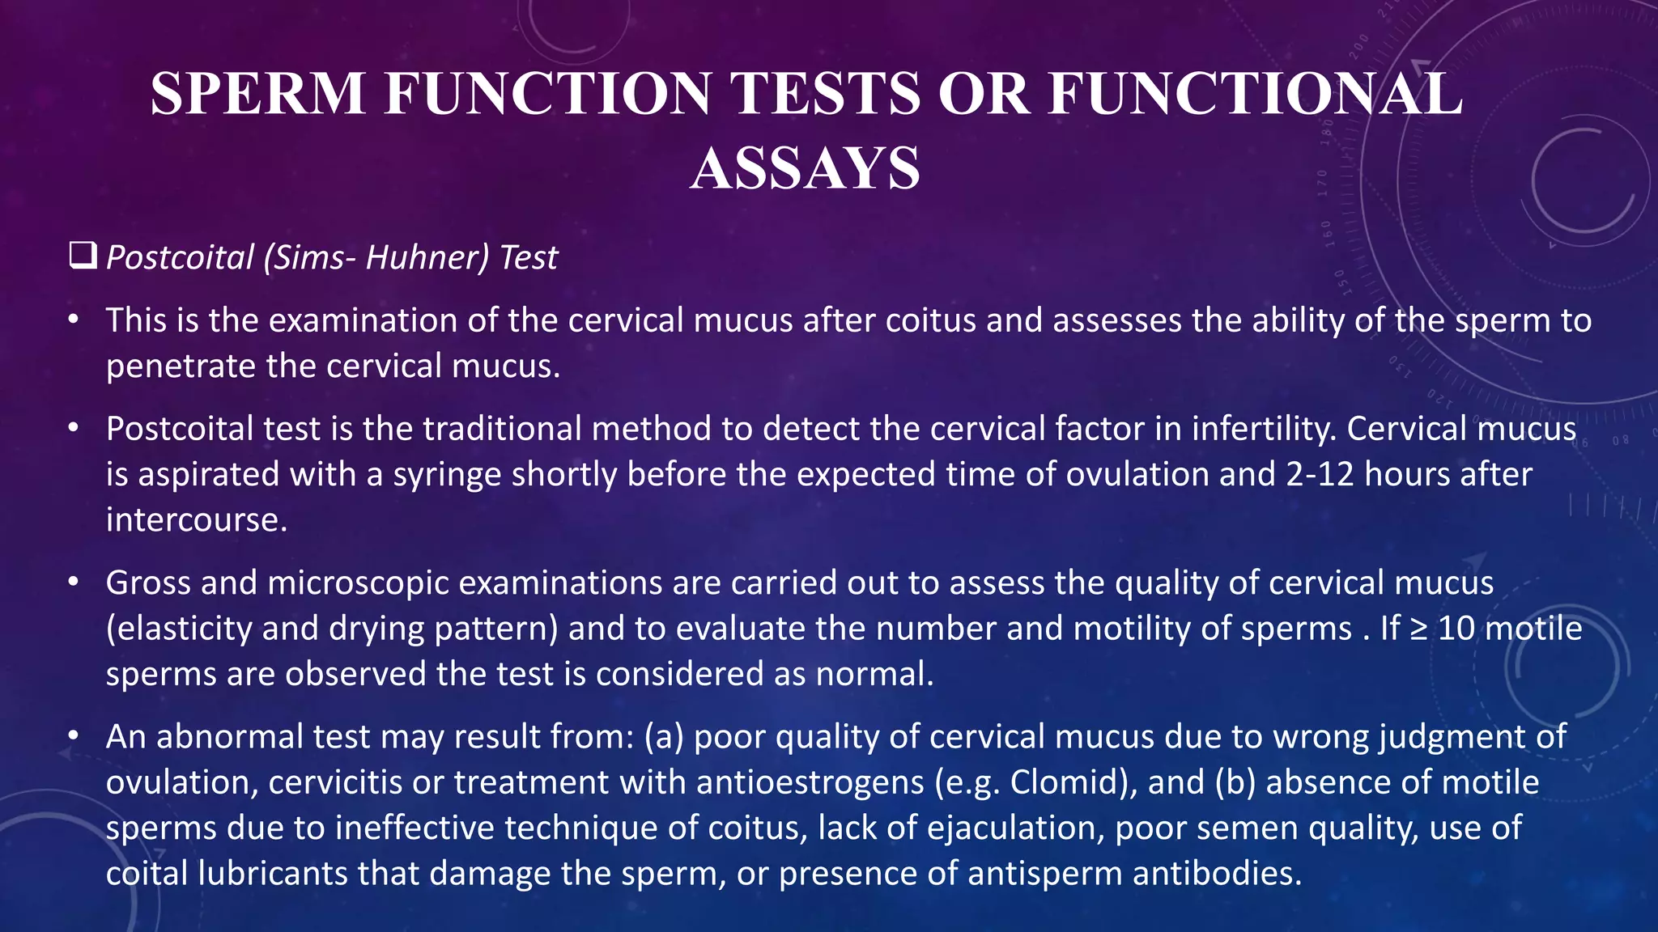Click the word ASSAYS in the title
pos(805,168)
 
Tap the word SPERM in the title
pos(258,94)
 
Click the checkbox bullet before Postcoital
pos(83,256)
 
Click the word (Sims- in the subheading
pos(309,258)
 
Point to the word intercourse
pos(197,519)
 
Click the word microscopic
pos(358,583)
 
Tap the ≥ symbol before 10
pos(1418,629)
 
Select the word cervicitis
pos(334,782)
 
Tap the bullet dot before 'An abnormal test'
pos(74,736)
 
